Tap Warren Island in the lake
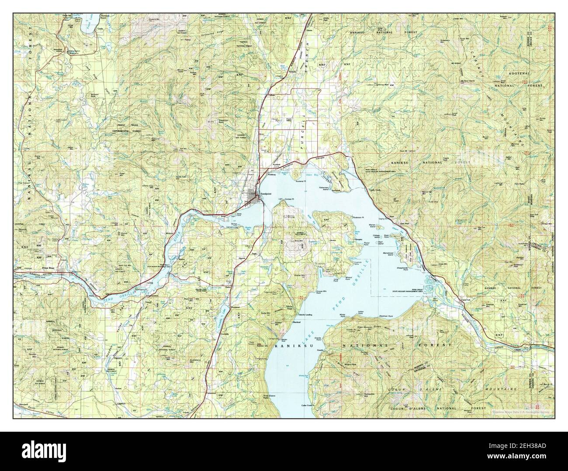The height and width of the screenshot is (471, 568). point(380,227)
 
